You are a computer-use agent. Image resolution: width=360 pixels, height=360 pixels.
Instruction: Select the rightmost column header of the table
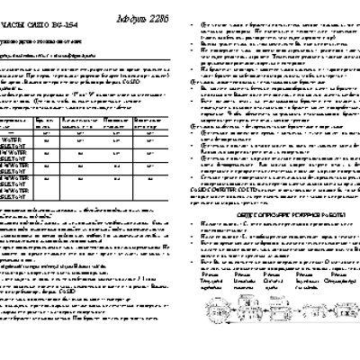148,120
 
